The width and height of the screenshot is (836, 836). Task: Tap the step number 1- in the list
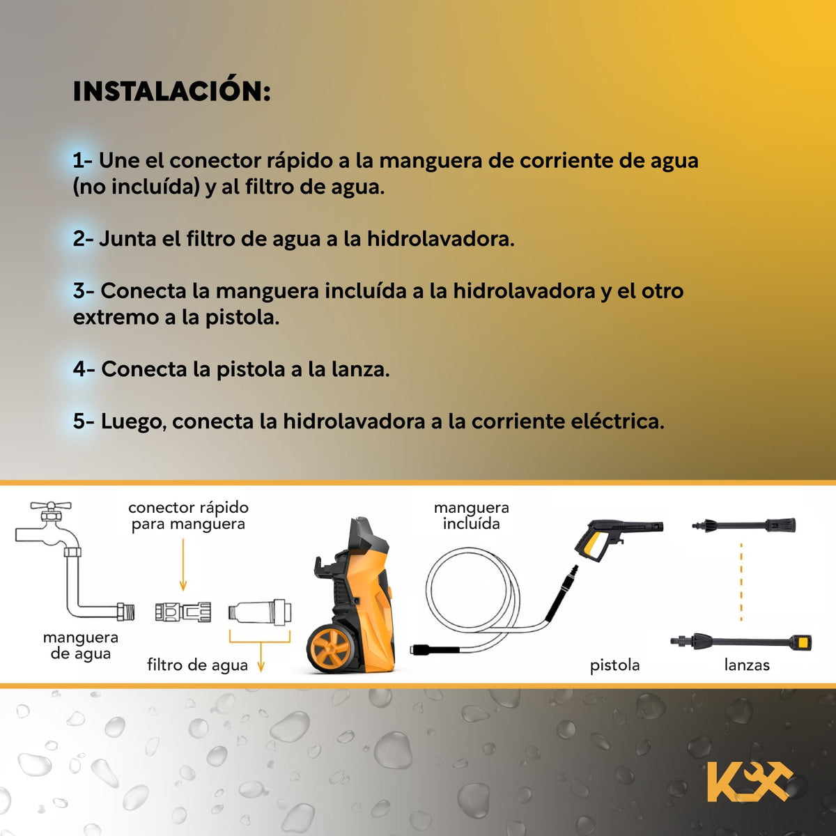82,160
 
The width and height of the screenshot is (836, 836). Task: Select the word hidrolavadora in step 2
441,239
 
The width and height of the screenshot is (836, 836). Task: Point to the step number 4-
84,369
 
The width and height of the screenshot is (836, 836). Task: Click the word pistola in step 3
242,318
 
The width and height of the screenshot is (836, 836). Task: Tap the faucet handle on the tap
51,506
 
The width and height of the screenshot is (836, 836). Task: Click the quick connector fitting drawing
183,612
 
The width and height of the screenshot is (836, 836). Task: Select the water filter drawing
260,612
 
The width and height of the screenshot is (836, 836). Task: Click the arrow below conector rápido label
183,564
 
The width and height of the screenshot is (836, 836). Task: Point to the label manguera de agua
81,646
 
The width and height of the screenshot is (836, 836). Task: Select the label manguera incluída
472,516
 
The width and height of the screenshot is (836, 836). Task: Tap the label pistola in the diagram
614,665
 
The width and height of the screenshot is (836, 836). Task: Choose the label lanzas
747,665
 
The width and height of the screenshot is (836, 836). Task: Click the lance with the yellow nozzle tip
741,642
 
